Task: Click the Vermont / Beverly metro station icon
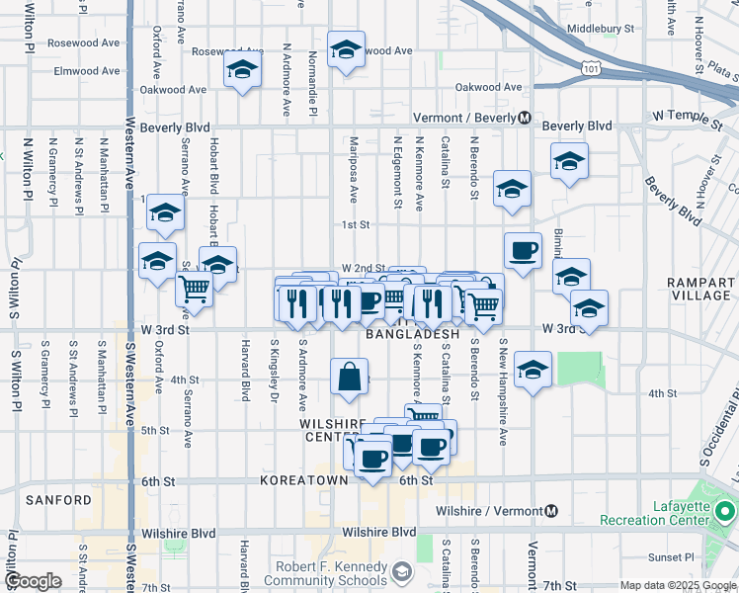pyautogui.click(x=525, y=118)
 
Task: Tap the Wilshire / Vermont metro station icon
pyautogui.click(x=551, y=511)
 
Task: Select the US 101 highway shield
pyautogui.click(x=591, y=69)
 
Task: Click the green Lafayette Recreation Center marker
pyautogui.click(x=725, y=511)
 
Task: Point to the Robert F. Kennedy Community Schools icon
pyautogui.click(x=402, y=571)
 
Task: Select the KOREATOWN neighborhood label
pyautogui.click(x=304, y=480)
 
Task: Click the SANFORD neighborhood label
pyautogui.click(x=59, y=500)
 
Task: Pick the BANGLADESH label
pyautogui.click(x=413, y=335)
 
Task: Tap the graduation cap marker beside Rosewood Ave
pyautogui.click(x=346, y=49)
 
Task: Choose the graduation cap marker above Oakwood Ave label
pyautogui.click(x=240, y=70)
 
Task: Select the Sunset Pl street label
pyautogui.click(x=675, y=557)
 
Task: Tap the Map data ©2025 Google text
pyautogui.click(x=677, y=585)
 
